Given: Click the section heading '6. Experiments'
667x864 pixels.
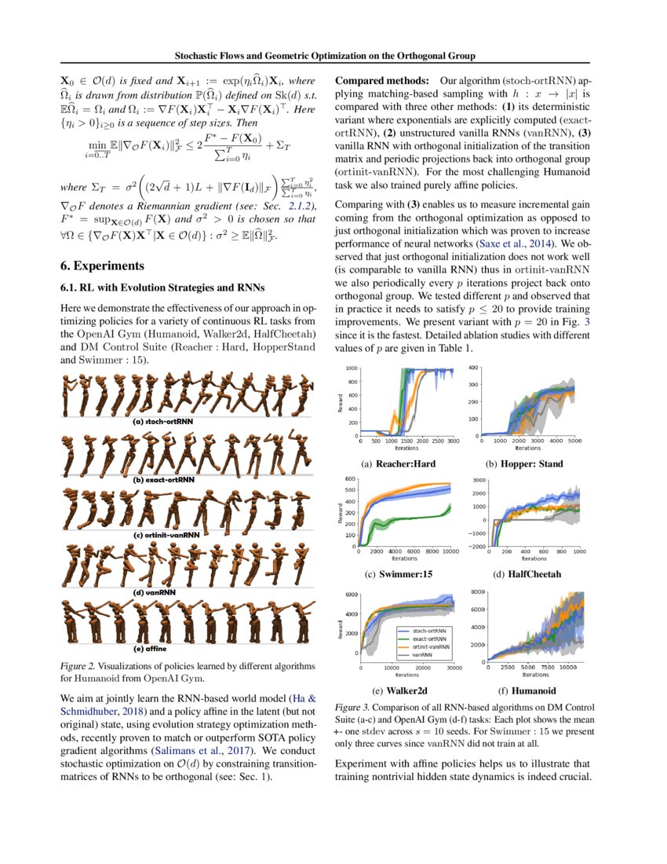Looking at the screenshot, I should click(103, 265).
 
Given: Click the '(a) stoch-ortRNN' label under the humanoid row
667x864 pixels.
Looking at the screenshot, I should click(163, 421).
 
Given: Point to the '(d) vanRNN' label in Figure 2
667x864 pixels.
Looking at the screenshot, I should click(154, 591).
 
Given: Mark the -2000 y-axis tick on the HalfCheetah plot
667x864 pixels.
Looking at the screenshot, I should click(478, 547).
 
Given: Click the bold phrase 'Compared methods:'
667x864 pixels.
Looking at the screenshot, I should click(382, 82).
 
